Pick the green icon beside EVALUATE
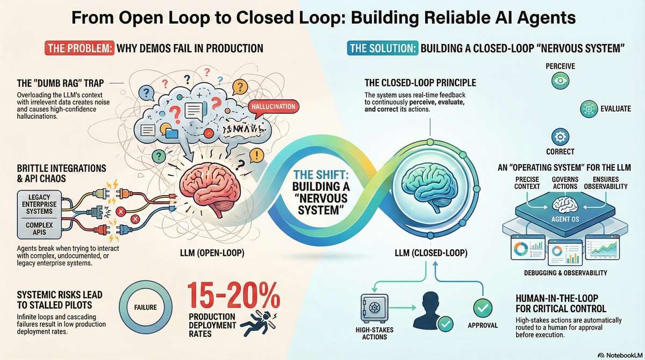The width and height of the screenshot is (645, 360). [x=590, y=109]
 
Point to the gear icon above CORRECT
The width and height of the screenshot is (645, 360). [x=560, y=135]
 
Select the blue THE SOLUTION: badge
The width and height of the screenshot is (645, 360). [x=382, y=49]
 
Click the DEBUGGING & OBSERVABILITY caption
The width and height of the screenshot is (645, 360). [x=565, y=273]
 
